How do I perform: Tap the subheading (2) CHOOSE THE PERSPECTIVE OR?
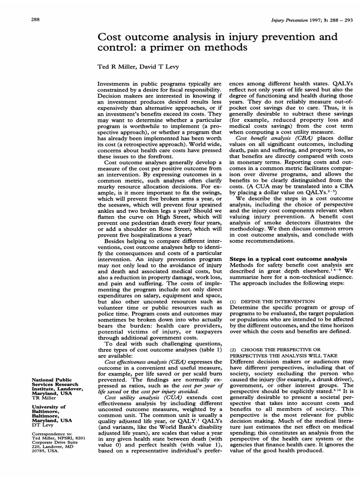click(x=275, y=349)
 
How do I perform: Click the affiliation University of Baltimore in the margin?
click(x=48, y=409)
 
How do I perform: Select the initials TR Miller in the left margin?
click(x=43, y=397)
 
